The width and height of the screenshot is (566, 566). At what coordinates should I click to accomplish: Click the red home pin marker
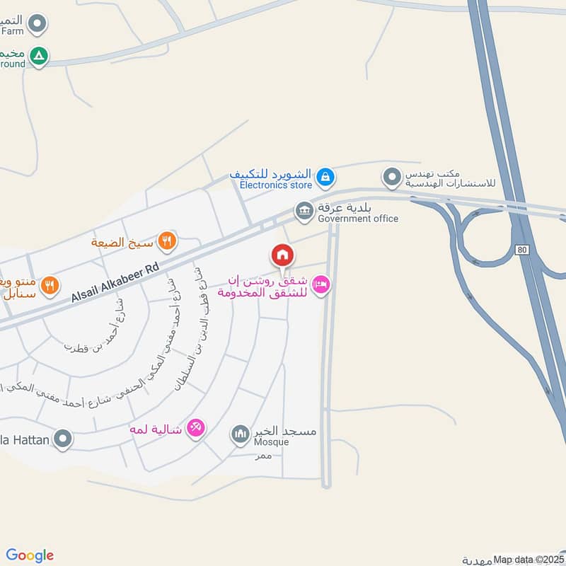[282, 255]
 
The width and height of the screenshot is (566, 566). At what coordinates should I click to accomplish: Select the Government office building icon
[304, 210]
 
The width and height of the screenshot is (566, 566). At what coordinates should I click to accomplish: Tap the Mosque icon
[241, 432]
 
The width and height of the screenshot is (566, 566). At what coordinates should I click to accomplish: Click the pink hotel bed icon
[320, 284]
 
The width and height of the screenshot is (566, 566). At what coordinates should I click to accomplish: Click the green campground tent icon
[40, 56]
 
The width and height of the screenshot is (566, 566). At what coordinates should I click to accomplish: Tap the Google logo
[30, 555]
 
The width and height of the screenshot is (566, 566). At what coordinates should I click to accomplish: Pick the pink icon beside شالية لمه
[196, 427]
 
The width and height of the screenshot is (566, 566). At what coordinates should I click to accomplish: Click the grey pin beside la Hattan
[64, 440]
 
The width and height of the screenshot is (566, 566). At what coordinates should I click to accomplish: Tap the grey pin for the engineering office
[391, 176]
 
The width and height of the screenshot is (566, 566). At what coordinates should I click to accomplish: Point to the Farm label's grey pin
[40, 24]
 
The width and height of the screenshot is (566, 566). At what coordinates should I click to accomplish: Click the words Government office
[358, 219]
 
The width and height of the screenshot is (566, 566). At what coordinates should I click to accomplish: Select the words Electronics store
[275, 185]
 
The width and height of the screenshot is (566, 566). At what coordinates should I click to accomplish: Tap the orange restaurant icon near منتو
[49, 286]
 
